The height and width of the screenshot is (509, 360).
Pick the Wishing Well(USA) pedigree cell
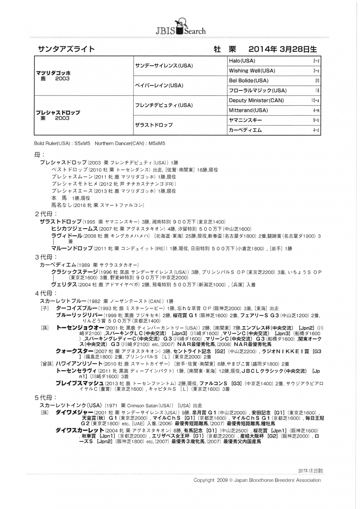click(252, 71)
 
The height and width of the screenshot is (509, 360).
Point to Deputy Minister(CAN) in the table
click(256, 101)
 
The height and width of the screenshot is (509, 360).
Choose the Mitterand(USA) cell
click(248, 110)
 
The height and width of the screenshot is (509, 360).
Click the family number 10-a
click(315, 101)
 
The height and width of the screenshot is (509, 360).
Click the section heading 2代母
click(43, 214)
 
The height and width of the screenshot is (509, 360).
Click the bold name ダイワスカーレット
click(80, 430)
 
